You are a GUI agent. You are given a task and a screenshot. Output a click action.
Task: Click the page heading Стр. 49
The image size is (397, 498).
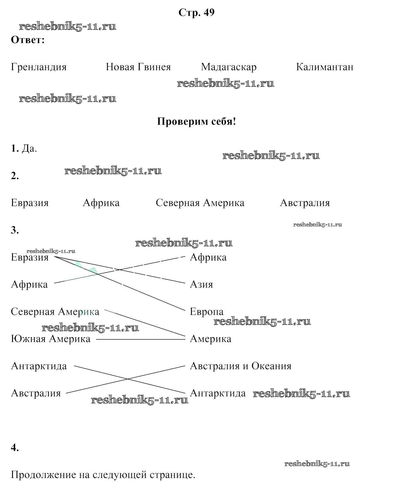[196, 13]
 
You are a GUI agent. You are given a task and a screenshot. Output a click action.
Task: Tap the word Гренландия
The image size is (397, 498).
[39, 67]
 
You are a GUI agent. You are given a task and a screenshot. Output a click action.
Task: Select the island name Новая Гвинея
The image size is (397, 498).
[138, 67]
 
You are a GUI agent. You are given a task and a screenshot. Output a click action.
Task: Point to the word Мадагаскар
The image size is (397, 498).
[229, 67]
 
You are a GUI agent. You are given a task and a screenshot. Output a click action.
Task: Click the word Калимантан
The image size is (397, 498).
[325, 67]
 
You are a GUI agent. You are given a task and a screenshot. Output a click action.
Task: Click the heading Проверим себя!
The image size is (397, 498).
[196, 122]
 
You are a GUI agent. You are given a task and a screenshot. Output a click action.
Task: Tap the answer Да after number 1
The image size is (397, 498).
[29, 148]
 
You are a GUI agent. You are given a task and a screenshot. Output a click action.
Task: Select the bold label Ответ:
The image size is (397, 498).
[27, 40]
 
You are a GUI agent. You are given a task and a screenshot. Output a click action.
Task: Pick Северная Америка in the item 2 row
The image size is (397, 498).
[200, 203]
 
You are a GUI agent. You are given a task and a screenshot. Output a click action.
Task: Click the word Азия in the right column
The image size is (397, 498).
[201, 285]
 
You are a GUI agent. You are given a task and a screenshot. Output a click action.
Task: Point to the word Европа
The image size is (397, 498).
[206, 312]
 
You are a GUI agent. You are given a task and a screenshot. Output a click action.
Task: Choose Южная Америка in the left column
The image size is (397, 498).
[51, 339]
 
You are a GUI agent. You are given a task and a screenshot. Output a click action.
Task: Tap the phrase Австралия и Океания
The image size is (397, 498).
[240, 366]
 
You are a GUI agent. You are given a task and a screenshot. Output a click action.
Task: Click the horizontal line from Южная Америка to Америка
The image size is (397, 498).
[140, 339]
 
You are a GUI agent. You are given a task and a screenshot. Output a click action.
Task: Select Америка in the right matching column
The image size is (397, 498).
[211, 339]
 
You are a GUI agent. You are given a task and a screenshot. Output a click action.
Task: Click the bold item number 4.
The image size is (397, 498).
[15, 447]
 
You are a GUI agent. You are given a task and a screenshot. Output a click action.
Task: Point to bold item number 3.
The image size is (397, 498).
[15, 230]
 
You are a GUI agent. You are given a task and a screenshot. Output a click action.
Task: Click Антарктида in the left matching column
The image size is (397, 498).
[39, 366]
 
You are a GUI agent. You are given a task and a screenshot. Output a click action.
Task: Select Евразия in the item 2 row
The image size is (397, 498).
[30, 203]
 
